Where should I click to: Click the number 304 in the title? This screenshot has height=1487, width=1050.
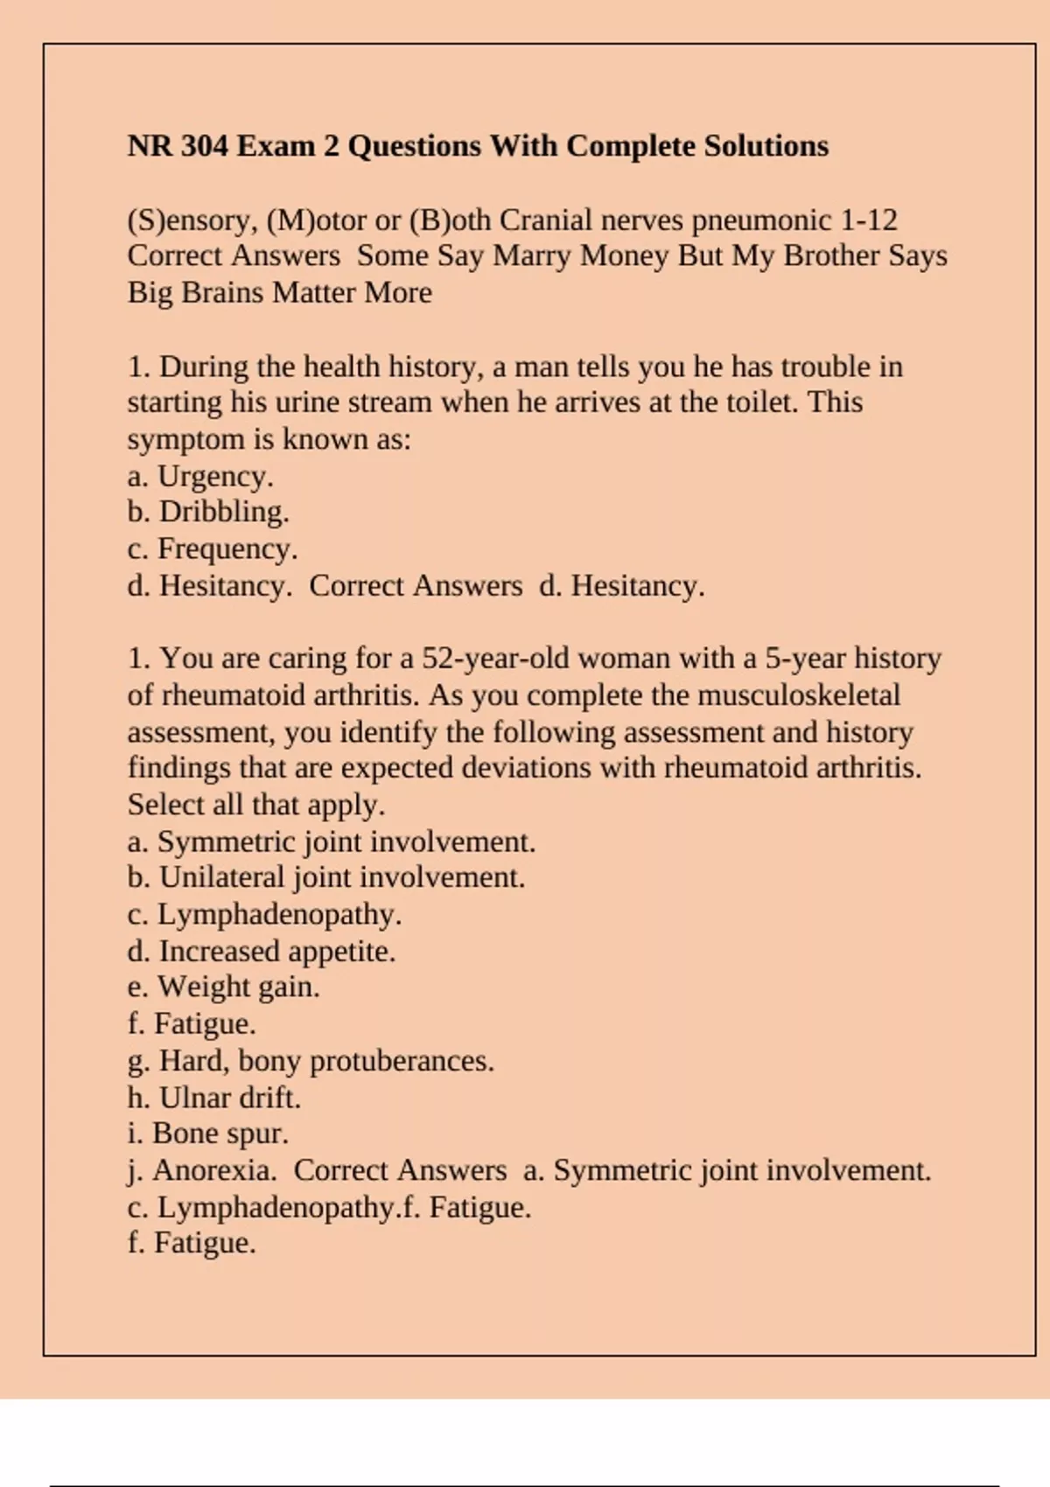204,145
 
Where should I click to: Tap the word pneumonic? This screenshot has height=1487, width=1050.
761,220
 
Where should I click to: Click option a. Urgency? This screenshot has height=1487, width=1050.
200,477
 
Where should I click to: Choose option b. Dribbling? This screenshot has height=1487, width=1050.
208,512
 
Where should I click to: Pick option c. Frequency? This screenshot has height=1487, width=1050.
213,549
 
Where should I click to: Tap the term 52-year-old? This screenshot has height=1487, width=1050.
495,658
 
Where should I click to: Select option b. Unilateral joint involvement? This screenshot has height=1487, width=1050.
325,877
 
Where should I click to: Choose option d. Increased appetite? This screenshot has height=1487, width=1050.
262,951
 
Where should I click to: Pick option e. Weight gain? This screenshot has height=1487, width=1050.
223,987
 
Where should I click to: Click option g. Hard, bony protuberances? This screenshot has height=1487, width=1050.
311,1061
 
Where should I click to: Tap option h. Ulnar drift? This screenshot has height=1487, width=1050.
213,1098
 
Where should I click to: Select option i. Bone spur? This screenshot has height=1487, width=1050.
207,1134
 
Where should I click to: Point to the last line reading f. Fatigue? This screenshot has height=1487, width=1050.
192,1243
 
